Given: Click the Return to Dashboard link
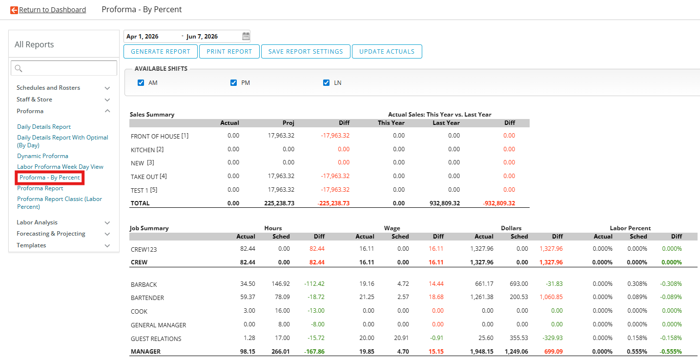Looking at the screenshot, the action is point(52,10).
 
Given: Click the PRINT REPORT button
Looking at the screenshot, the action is point(229,52).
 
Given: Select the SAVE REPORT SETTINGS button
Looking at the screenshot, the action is point(305,52).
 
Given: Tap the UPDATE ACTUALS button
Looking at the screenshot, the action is point(387,52).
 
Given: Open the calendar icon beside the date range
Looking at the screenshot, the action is point(246,36).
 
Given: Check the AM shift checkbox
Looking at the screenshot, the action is point(141,83).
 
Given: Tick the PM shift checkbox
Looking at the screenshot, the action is point(233,83).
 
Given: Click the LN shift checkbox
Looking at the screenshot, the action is point(326,83).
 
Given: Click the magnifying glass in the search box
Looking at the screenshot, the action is point(19,68).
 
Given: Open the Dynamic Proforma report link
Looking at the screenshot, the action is point(42,156).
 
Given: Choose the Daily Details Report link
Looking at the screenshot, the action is point(44,126).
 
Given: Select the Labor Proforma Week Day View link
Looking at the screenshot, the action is point(60,167).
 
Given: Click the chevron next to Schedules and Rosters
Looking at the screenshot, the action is point(107,88).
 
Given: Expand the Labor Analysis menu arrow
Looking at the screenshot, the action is point(107,222).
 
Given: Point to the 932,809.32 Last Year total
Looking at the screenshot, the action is point(445,203).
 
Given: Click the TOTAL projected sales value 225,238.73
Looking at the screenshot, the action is point(279,203).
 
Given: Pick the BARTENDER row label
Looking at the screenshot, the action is point(147,298).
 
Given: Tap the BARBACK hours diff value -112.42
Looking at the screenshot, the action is point(314,284).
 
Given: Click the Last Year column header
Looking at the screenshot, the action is point(446,123).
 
